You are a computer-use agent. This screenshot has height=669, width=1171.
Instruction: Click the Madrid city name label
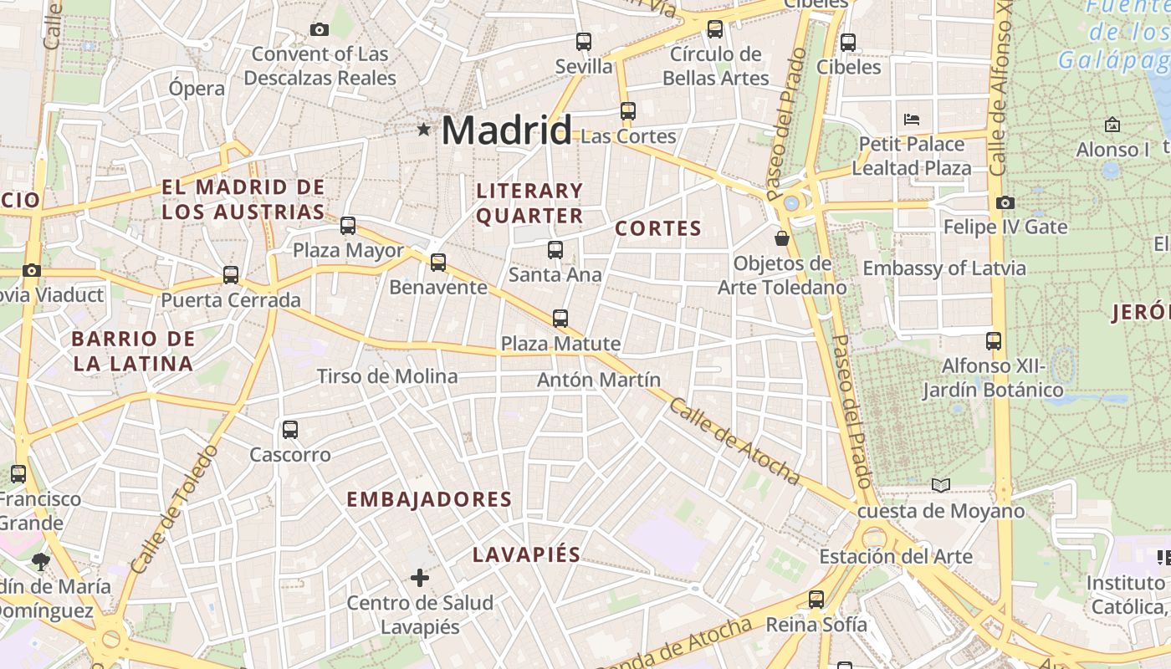pyautogui.click(x=506, y=130)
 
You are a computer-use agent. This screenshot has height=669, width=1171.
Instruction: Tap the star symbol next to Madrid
pyautogui.click(x=424, y=130)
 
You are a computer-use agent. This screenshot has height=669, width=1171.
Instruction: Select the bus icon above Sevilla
pyautogui.click(x=584, y=41)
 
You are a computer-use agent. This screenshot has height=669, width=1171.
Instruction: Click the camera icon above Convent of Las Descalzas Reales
pyautogui.click(x=320, y=29)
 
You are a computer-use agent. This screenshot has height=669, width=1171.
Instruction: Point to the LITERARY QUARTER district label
pyautogui.click(x=529, y=203)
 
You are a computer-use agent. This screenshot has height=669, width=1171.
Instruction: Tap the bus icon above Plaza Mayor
pyautogui.click(x=348, y=225)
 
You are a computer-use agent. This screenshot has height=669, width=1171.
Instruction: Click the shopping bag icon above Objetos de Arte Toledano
pyautogui.click(x=782, y=238)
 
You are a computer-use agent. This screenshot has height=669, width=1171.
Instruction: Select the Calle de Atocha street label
pyautogui.click(x=734, y=441)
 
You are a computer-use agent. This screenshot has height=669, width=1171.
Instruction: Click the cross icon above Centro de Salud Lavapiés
pyautogui.click(x=420, y=577)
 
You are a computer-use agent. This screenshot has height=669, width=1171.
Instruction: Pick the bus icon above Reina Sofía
pyautogui.click(x=816, y=599)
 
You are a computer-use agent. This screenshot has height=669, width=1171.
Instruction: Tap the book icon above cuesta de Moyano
pyautogui.click(x=941, y=485)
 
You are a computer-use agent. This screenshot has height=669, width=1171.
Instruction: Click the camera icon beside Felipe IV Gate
pyautogui.click(x=1005, y=202)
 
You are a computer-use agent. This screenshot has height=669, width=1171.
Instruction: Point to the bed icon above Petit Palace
pyautogui.click(x=912, y=119)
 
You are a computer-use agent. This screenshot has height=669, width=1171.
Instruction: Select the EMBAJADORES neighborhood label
pyautogui.click(x=429, y=499)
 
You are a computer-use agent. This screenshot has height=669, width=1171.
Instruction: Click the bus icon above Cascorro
pyautogui.click(x=290, y=430)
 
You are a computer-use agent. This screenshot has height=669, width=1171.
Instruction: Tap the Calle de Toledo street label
pyautogui.click(x=174, y=509)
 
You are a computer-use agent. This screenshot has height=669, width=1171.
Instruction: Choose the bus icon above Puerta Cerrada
pyautogui.click(x=231, y=274)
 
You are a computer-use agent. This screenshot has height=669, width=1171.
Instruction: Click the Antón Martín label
pyautogui.click(x=599, y=380)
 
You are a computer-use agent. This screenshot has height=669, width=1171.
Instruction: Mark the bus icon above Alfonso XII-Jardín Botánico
pyautogui.click(x=994, y=340)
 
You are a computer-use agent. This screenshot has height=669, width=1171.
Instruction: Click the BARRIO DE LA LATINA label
pyautogui.click(x=134, y=351)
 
